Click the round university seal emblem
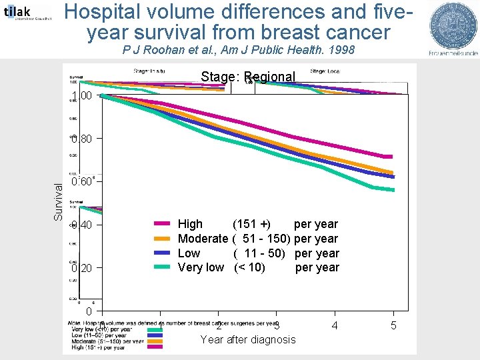click(453, 25)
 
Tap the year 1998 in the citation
click(338, 51)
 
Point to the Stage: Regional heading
click(247, 77)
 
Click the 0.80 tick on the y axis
click(82, 139)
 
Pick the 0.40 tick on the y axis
click(82, 225)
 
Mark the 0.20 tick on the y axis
click(82, 268)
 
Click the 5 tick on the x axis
click(393, 325)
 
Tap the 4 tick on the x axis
click(335, 325)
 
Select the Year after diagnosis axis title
click(247, 340)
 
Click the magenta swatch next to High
click(163, 225)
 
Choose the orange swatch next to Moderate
click(163, 239)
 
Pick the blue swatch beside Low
click(163, 253)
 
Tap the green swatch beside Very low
click(163, 267)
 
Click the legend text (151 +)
click(251, 225)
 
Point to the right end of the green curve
click(392, 189)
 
